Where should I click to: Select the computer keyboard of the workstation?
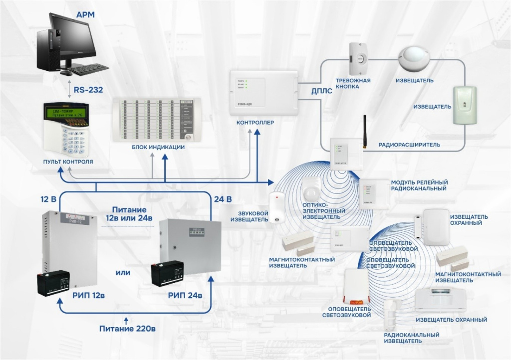pos(89,69)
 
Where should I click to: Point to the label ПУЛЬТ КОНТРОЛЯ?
pos(68,162)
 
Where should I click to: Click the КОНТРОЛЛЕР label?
pos(255,122)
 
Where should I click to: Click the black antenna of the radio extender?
pos(364,127)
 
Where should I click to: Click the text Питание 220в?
pos(127,329)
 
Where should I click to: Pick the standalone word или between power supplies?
pos(123,273)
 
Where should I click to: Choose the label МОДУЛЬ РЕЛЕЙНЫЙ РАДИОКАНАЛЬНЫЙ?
pos(419,185)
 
